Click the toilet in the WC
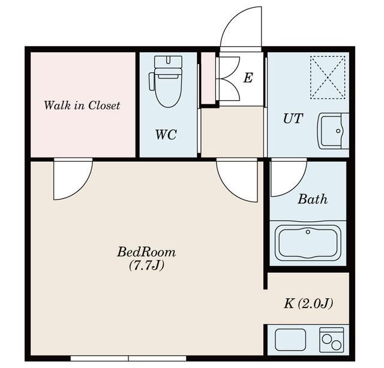click(166, 82)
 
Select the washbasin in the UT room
click(333, 131)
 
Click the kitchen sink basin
click(290, 340)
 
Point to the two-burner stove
click(332, 340)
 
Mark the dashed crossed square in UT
click(328, 77)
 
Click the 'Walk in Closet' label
click(82, 105)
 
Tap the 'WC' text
click(166, 135)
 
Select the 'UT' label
click(293, 119)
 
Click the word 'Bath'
click(313, 199)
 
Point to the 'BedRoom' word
click(146, 252)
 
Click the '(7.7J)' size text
click(146, 266)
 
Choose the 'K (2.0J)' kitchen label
click(308, 304)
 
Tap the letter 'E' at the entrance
click(248, 78)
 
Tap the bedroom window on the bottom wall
click(128, 358)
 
